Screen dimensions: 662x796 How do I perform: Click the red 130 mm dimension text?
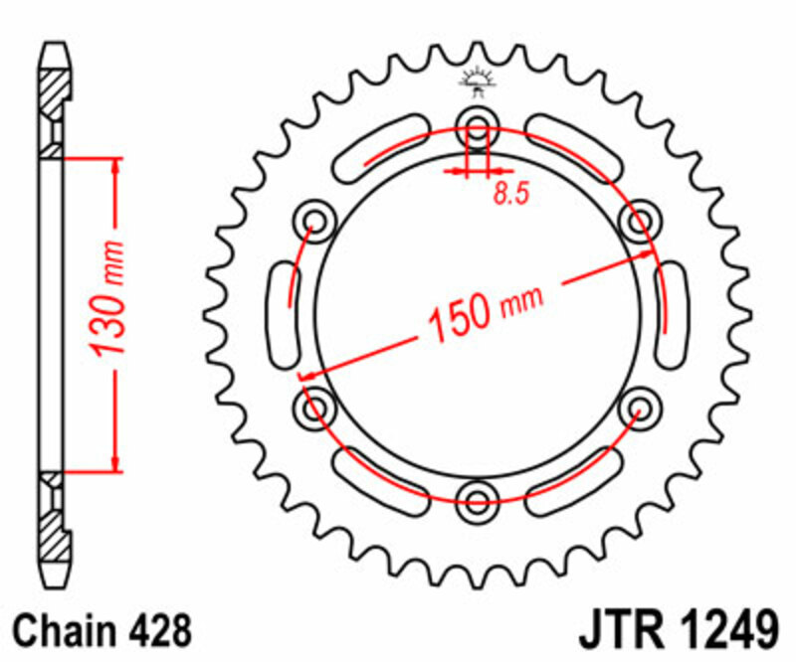click(x=107, y=298)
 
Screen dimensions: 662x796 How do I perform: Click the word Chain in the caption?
click(x=65, y=631)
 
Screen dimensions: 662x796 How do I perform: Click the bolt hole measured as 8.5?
click(x=478, y=126)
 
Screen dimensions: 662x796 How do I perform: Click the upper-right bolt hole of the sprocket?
click(x=638, y=218)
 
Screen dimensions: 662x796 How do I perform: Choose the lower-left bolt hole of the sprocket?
click(x=317, y=404)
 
